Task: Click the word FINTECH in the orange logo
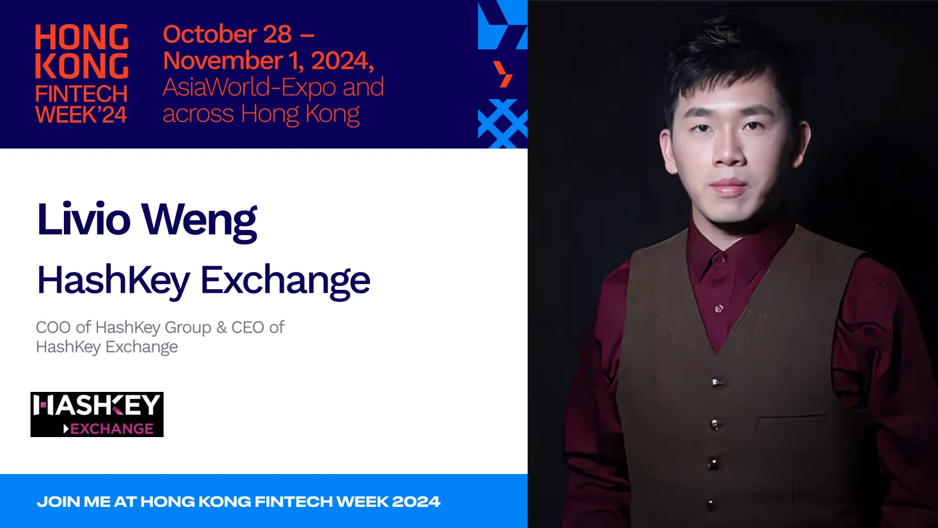[x=81, y=94]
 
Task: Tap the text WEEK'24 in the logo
[x=81, y=115]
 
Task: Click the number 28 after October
[x=277, y=35]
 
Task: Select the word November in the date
[x=223, y=61]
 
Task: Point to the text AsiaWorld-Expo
[x=249, y=87]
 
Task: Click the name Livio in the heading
[x=83, y=219]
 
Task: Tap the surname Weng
[x=199, y=221]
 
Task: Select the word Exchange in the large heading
[x=285, y=280]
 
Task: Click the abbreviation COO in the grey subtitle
[x=53, y=327]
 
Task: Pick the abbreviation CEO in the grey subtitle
[x=247, y=327]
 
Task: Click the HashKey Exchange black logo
[x=97, y=414]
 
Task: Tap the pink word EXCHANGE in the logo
[x=111, y=429]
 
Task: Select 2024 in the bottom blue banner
[x=416, y=502]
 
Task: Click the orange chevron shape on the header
[x=503, y=74]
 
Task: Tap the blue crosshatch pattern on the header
[x=502, y=123]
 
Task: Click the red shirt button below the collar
[x=719, y=308]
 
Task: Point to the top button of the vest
[x=715, y=383]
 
